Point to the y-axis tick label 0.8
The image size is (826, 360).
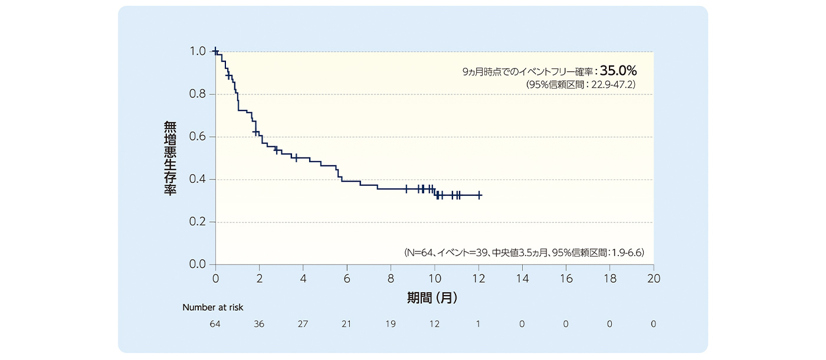click(x=198, y=94)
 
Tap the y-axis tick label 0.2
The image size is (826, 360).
click(x=198, y=222)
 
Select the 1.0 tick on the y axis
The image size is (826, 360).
click(x=198, y=52)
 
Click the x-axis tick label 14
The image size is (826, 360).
click(x=522, y=277)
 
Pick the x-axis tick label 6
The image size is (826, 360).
click(x=347, y=277)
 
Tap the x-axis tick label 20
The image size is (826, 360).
click(x=653, y=277)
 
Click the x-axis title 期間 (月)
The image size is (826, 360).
click(x=432, y=298)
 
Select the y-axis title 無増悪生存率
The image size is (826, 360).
click(x=170, y=158)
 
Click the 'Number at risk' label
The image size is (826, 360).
click(x=212, y=307)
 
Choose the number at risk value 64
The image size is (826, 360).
click(x=215, y=324)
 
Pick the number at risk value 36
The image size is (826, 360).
click(x=259, y=324)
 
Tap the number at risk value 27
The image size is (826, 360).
click(x=303, y=324)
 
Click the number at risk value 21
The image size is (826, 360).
click(x=346, y=324)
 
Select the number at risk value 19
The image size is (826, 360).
click(x=390, y=324)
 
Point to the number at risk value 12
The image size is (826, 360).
click(x=434, y=324)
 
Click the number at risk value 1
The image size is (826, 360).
click(x=478, y=324)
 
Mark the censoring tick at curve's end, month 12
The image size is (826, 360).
click(x=479, y=195)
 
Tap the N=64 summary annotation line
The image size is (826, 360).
click(x=525, y=253)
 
